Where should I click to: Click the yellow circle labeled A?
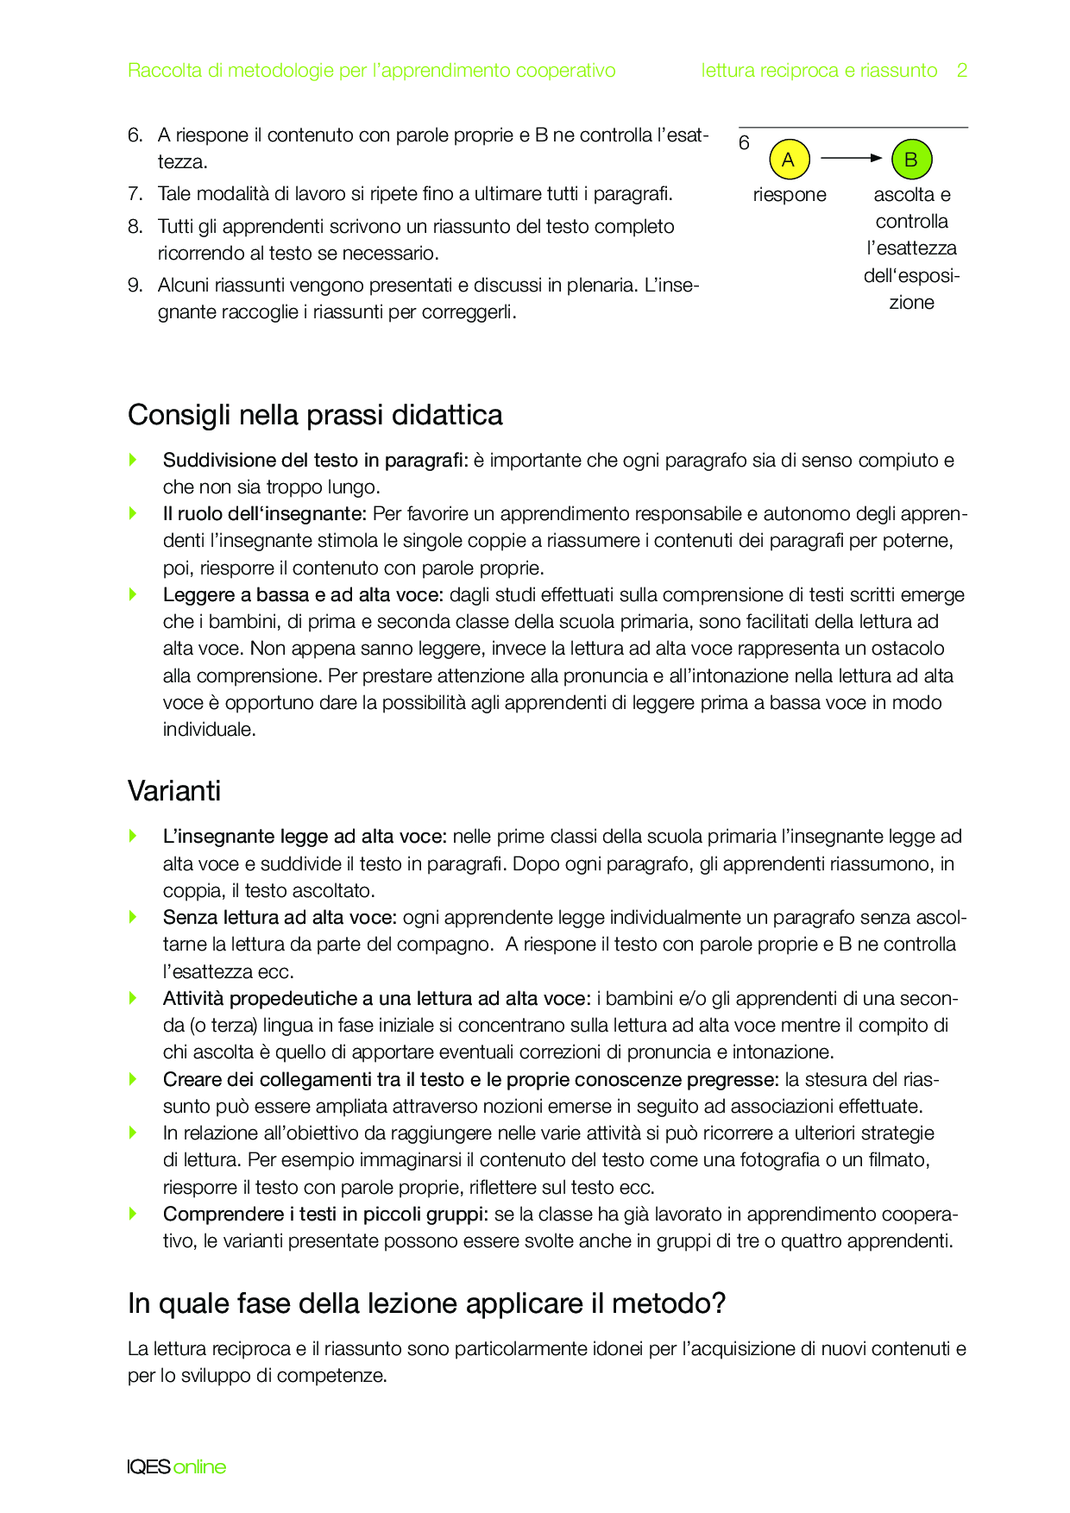click(789, 160)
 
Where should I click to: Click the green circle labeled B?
click(911, 160)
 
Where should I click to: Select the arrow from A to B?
click(851, 159)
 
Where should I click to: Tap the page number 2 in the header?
click(961, 71)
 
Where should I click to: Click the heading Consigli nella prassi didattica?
click(315, 415)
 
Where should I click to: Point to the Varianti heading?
click(174, 791)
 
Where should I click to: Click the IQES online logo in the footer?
click(176, 1466)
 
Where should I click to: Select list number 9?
click(135, 286)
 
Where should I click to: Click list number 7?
click(135, 194)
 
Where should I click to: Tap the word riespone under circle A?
click(789, 195)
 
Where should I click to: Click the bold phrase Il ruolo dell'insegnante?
click(265, 514)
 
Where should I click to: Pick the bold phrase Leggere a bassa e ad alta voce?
click(303, 595)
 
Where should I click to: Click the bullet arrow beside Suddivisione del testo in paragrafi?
click(133, 460)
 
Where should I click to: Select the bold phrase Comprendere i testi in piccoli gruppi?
click(325, 1215)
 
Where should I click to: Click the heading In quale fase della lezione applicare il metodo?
click(426, 1303)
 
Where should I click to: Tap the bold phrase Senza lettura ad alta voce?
click(280, 918)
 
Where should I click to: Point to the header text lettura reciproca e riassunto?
click(819, 71)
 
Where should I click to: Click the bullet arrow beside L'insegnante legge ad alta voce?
click(133, 836)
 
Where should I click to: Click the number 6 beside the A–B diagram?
click(745, 143)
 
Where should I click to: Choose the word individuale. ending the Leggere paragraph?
click(209, 730)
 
